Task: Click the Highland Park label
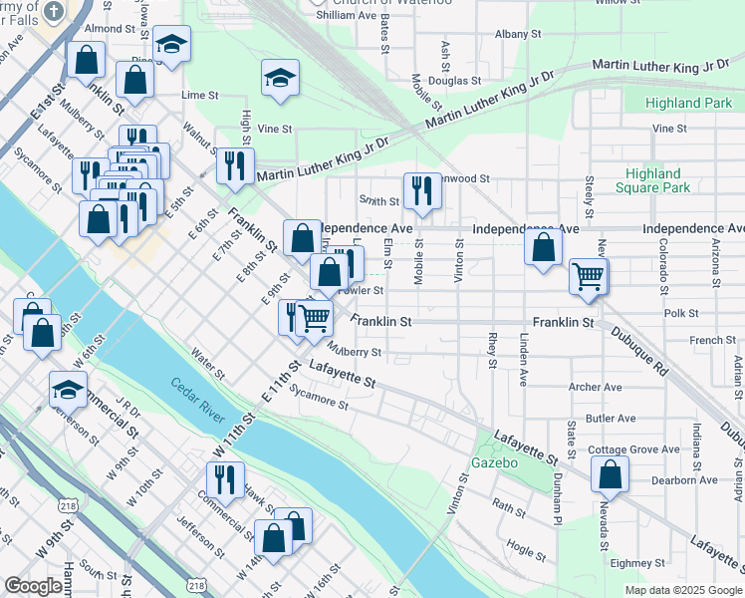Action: pos(688,103)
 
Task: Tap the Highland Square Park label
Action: pos(652,180)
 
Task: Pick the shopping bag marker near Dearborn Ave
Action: pos(610,474)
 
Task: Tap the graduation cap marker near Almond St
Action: pos(171,45)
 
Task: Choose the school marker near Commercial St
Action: pos(68,390)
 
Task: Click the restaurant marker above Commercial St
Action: pos(225,479)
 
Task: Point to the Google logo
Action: pos(33,586)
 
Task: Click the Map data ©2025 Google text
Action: pos(683,590)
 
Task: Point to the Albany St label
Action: pos(518,33)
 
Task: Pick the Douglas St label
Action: pos(454,80)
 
